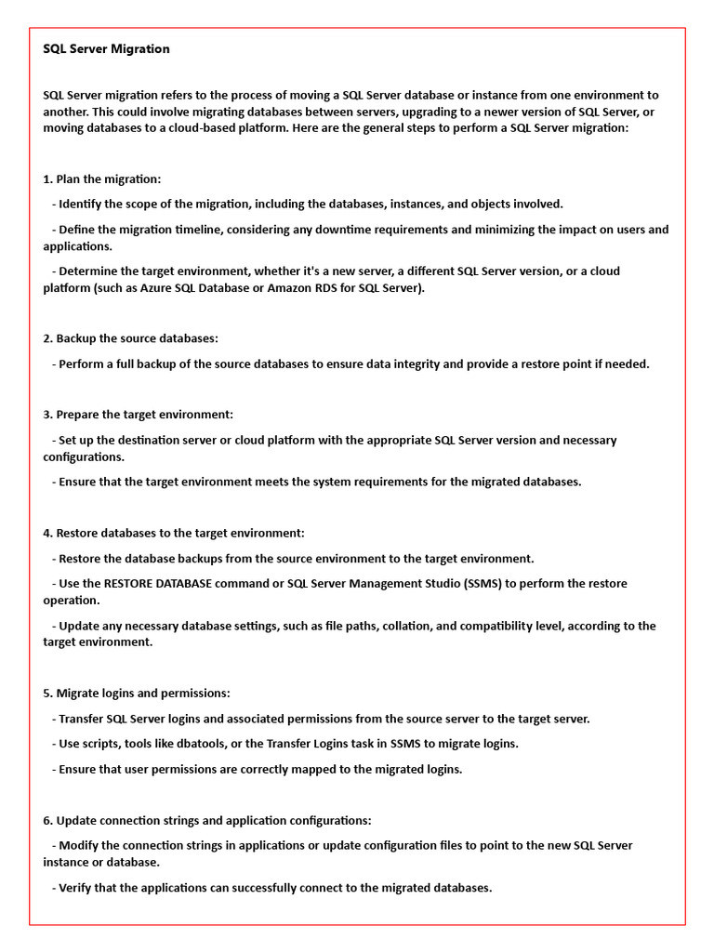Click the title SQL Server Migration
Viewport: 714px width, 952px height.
106,49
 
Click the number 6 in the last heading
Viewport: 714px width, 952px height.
46,821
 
